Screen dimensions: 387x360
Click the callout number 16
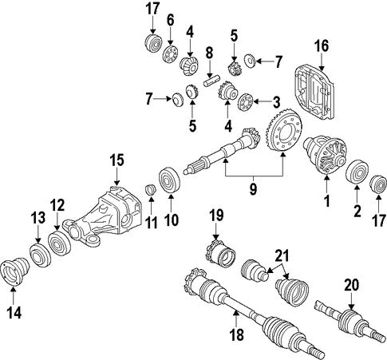coord(322,45)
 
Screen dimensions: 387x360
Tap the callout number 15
coord(117,160)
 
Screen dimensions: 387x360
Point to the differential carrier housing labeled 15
coord(101,216)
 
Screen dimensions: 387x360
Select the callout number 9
coord(253,189)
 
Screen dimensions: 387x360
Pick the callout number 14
coord(14,312)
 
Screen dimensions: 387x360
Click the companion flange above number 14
coord(15,271)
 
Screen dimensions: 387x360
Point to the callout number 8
coord(210,53)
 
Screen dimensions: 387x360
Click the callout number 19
coord(216,216)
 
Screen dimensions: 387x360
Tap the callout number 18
coord(236,334)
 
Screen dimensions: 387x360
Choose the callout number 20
coord(352,285)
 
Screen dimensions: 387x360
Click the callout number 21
coord(282,255)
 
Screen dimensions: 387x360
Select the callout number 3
coord(276,102)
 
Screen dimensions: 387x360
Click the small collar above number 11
coord(151,189)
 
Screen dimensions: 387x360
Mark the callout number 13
coord(38,219)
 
